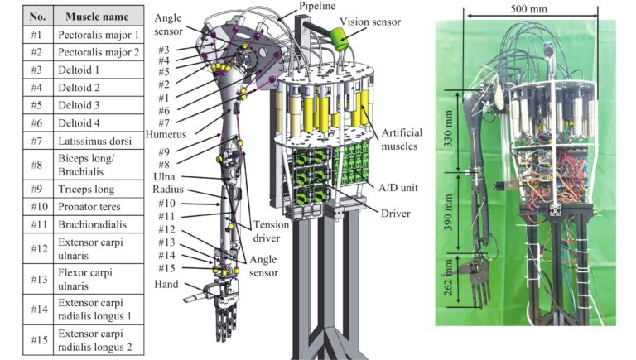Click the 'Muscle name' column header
click(99, 17)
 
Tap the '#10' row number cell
click(38, 207)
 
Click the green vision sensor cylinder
click(340, 39)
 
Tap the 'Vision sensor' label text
click(370, 22)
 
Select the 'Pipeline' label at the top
click(317, 6)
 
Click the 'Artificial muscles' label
click(400, 139)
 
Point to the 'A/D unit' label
click(397, 188)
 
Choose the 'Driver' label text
click(395, 214)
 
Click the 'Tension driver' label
click(271, 231)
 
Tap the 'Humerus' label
click(166, 134)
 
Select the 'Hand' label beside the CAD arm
click(166, 284)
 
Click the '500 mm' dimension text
click(528, 8)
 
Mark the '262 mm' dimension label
click(448, 278)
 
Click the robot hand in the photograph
click(475, 280)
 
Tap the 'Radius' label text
click(168, 190)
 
